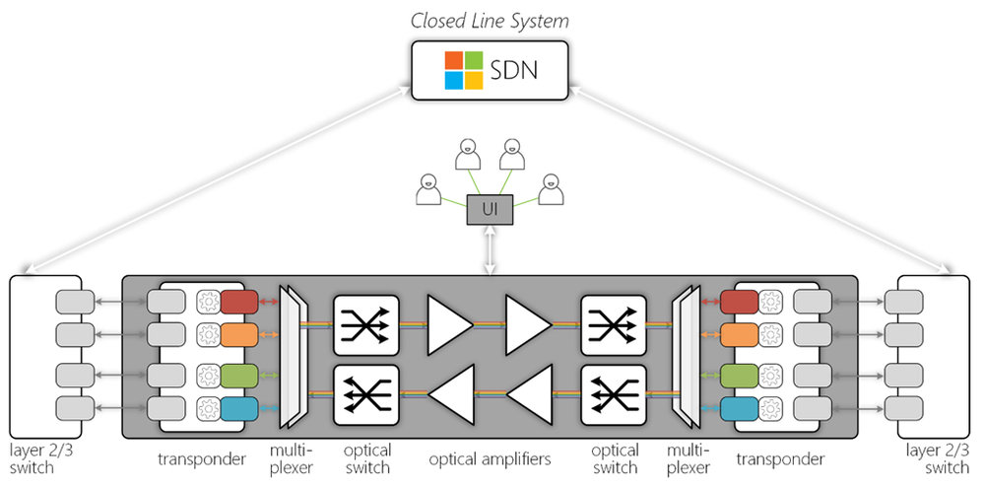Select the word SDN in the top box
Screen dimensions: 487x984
point(515,71)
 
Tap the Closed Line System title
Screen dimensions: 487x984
point(491,21)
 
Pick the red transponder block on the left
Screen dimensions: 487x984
point(239,301)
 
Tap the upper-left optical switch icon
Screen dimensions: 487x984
point(365,322)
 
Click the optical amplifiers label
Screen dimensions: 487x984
point(489,460)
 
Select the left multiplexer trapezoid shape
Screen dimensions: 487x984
point(294,356)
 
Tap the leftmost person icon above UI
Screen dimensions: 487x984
point(426,189)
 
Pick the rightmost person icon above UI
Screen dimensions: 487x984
point(553,189)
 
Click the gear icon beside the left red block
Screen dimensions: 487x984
point(208,301)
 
